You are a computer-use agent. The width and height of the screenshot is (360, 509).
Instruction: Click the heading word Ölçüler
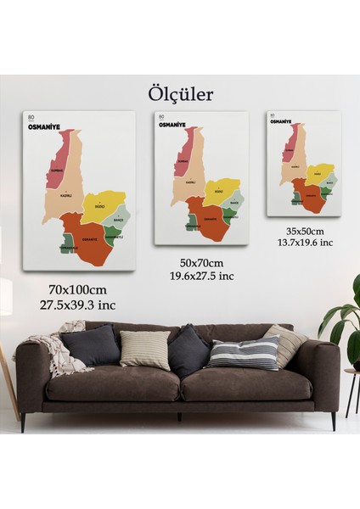click(179, 93)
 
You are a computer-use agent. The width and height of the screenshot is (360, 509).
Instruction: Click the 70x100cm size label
click(78, 290)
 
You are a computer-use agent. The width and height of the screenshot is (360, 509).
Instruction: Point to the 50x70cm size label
click(200, 263)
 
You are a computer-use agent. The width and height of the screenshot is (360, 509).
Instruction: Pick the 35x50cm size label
click(304, 231)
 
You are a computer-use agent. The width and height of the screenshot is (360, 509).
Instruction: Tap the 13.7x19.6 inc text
click(304, 243)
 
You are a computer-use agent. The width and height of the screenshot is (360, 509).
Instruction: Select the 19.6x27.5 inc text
click(200, 276)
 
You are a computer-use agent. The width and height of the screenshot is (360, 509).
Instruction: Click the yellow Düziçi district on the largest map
click(104, 204)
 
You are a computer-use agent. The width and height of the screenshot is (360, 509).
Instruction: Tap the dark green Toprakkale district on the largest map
click(69, 244)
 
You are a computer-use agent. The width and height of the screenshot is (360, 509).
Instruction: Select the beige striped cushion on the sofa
click(145, 350)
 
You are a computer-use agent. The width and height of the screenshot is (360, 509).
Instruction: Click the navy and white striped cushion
click(245, 352)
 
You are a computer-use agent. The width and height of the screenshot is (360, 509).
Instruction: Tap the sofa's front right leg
click(334, 421)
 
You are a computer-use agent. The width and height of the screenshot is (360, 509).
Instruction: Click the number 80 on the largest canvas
click(31, 117)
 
